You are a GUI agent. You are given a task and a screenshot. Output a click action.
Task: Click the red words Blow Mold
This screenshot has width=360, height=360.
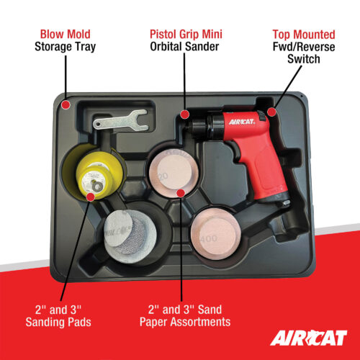pyautogui.click(x=64, y=33)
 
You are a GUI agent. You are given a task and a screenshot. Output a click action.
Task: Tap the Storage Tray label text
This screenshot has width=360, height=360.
pyautogui.click(x=64, y=48)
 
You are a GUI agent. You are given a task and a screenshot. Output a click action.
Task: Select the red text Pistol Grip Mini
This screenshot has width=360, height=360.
pyautogui.click(x=186, y=33)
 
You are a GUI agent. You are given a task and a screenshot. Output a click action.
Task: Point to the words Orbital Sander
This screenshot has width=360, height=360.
pyautogui.click(x=186, y=48)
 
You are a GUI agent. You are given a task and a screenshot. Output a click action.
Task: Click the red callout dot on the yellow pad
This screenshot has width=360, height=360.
pyautogui.click(x=91, y=195)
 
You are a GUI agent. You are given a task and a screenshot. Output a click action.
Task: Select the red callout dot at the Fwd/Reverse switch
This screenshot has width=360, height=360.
pyautogui.click(x=271, y=112)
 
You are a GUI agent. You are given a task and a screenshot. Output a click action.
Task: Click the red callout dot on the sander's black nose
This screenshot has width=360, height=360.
pyautogui.click(x=185, y=114)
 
